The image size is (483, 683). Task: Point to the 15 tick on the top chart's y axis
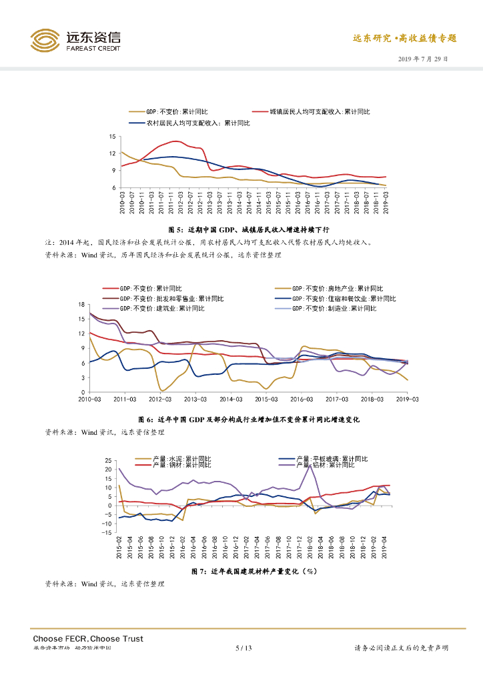(112, 136)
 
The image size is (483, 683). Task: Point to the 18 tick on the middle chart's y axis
(82, 304)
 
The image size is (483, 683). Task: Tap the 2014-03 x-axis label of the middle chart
(230, 400)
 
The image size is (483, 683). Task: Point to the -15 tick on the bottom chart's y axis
(105, 532)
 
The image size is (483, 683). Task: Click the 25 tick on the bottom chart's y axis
(107, 461)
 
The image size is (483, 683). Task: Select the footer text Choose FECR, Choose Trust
(88, 638)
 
